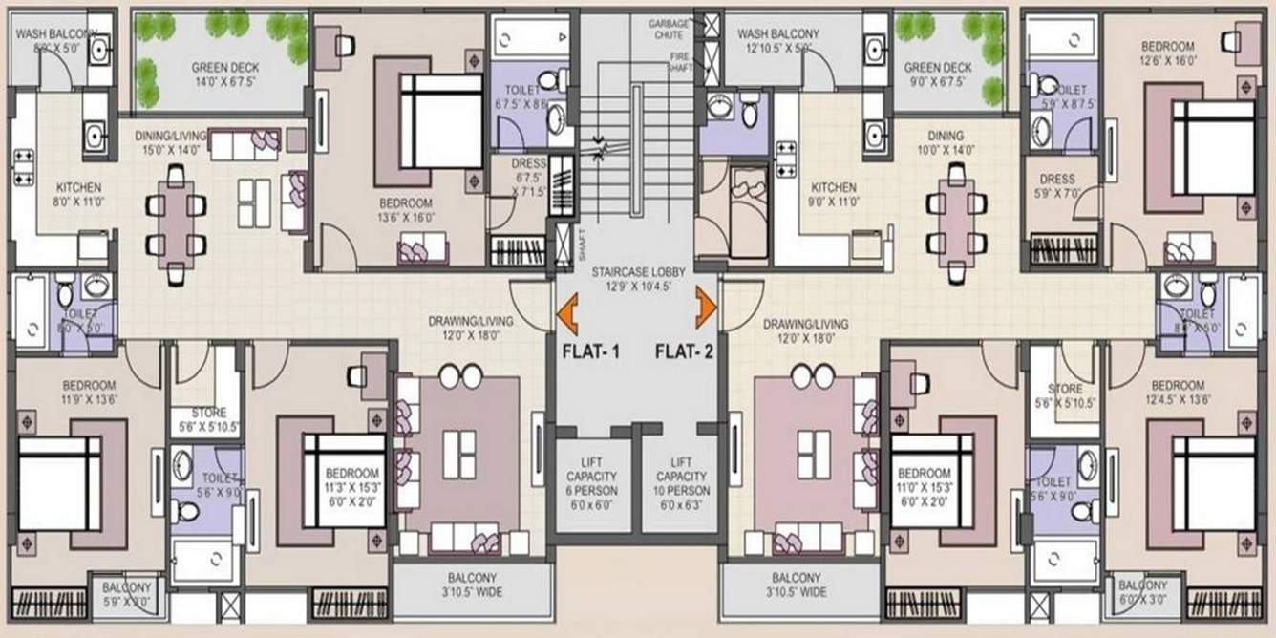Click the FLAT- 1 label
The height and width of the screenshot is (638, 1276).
coord(591,351)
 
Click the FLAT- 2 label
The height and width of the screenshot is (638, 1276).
coord(684,351)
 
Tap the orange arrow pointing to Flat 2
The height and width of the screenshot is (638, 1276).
coord(707,304)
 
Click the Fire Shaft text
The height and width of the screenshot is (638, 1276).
coord(678,63)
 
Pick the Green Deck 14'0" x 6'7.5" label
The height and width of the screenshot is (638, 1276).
coord(224,74)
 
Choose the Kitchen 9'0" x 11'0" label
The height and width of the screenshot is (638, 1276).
coord(833,195)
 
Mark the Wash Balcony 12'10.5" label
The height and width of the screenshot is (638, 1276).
coord(775,40)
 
